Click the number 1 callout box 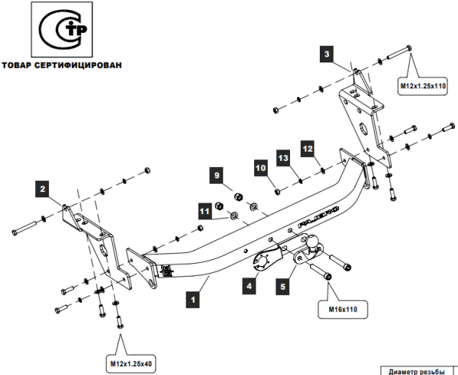(x=194, y=300)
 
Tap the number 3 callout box (x=327, y=54)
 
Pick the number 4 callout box (x=248, y=287)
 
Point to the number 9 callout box (x=218, y=176)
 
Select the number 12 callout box (x=308, y=148)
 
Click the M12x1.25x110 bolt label (x=423, y=87)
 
